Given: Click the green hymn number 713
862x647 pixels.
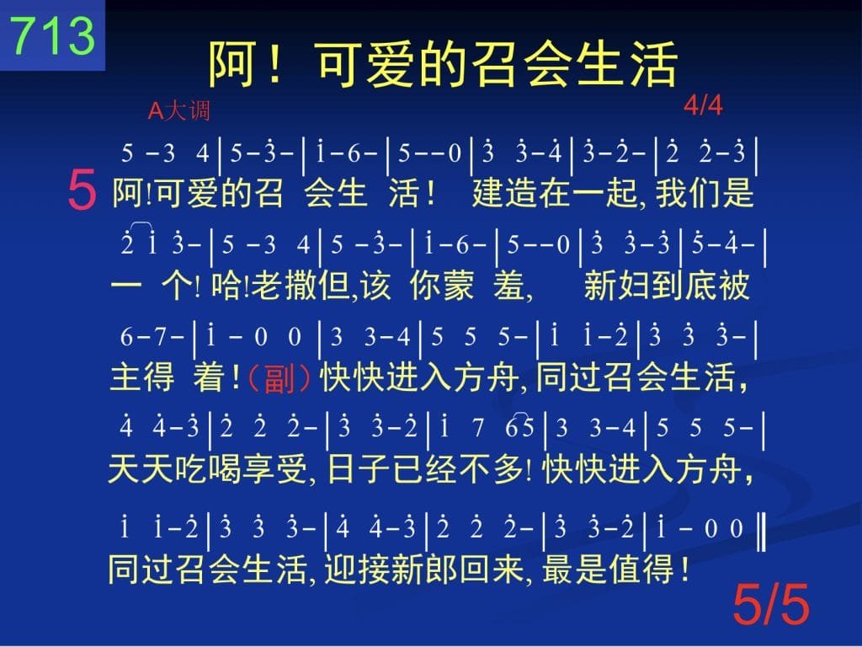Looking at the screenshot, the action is (53, 35).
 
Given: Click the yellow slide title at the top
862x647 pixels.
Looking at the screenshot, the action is (443, 64).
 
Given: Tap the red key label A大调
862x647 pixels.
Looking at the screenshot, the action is (179, 110).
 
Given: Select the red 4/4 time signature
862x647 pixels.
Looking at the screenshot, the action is (703, 104).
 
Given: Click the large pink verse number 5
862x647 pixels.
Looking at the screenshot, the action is (82, 190).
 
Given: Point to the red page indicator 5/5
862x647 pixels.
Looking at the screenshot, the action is (771, 603).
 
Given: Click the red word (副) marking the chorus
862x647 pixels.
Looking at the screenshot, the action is (279, 378).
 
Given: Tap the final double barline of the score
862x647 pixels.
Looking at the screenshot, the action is (761, 531).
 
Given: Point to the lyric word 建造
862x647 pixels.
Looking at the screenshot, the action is (505, 193).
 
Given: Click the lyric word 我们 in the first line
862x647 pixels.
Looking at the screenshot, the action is (688, 193).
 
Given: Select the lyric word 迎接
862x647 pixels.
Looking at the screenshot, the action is (357, 569).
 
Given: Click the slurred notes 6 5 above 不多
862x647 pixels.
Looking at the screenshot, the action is (519, 425).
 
